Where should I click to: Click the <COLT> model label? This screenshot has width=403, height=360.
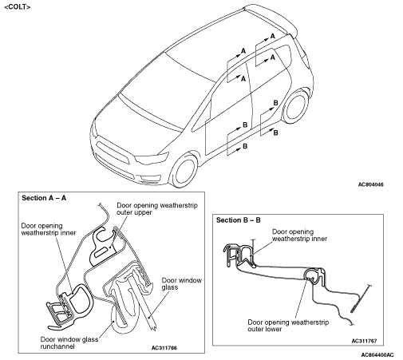(x=18, y=7)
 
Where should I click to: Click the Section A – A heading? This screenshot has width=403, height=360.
(x=44, y=198)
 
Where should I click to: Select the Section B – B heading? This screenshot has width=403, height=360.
(x=239, y=220)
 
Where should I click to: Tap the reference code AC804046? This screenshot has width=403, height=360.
(x=371, y=184)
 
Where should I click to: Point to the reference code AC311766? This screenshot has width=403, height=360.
(x=164, y=348)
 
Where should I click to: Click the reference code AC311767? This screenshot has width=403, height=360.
(x=364, y=341)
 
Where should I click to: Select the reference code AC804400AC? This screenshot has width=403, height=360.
(x=377, y=355)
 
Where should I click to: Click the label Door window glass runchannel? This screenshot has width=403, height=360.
(x=69, y=343)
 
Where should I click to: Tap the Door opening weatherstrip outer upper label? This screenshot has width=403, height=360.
(x=157, y=209)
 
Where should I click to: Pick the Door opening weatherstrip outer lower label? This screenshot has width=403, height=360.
(x=288, y=326)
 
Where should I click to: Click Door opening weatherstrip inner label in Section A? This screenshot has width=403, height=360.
(x=49, y=229)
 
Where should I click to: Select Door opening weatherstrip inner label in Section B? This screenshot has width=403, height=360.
(x=299, y=235)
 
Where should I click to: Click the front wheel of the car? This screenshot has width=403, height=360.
(x=184, y=170)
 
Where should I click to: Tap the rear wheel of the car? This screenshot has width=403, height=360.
(x=295, y=107)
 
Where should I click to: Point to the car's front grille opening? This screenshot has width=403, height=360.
(x=113, y=152)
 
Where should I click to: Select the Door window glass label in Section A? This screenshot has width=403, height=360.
(x=182, y=284)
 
